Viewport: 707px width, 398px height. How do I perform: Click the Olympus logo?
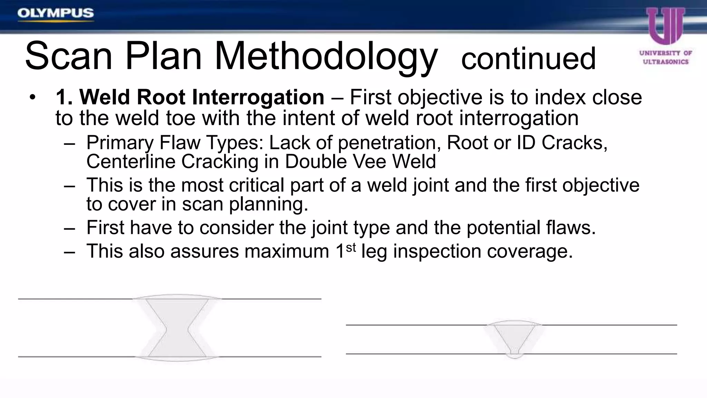pos(56,13)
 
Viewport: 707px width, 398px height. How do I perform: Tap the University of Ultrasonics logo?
pos(666,36)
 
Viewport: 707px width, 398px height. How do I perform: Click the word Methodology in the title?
pos(326,56)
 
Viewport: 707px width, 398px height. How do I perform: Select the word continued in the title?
pos(529,59)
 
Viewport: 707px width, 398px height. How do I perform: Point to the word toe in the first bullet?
pos(182,118)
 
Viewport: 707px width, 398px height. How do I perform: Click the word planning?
pos(268,204)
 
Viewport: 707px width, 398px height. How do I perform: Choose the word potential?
pos(504,228)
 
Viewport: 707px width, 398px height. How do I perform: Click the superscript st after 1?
pos(350,247)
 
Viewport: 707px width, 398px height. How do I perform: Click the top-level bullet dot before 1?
pos(32,97)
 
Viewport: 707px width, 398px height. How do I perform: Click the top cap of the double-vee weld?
pos(177,297)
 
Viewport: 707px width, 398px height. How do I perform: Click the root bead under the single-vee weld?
pos(514,356)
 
